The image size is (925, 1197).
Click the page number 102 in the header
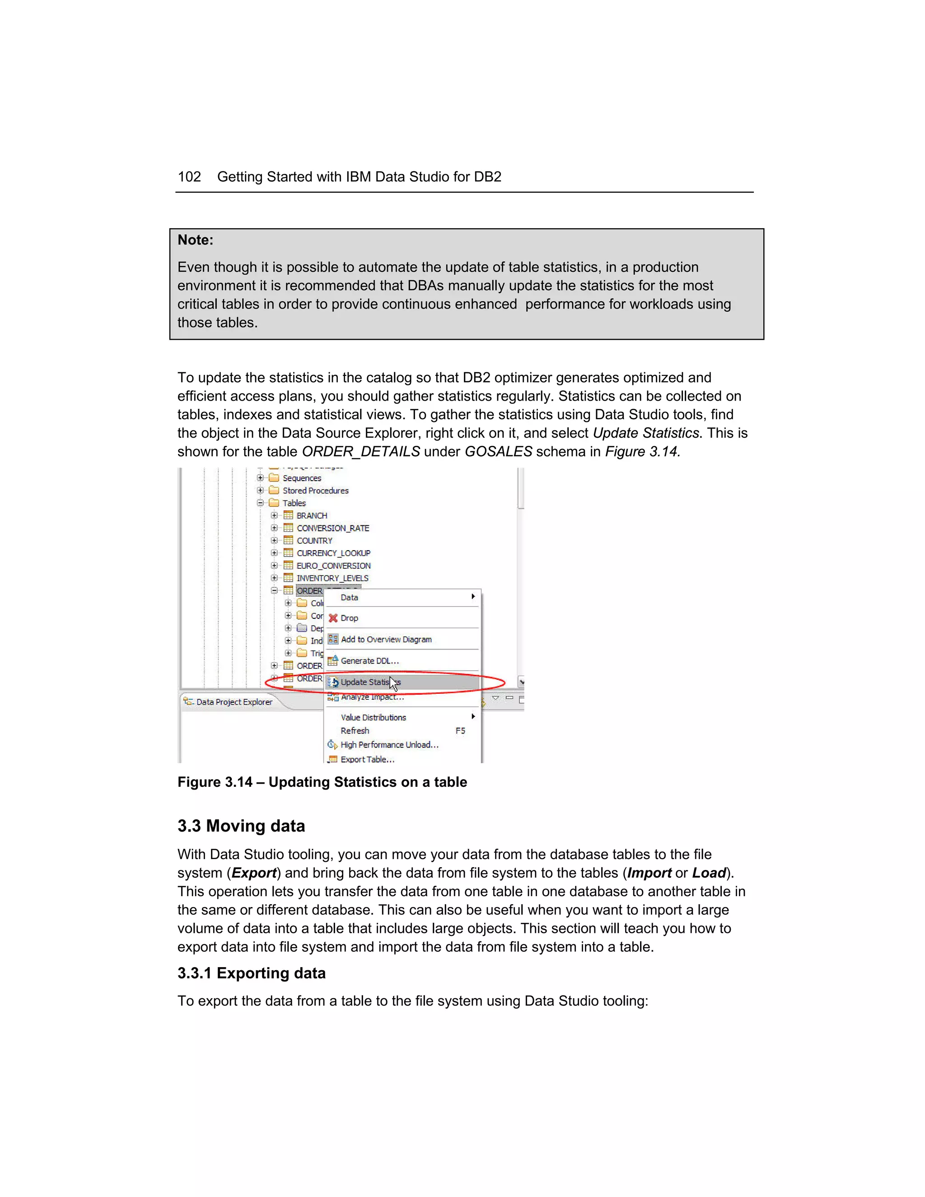click(189, 177)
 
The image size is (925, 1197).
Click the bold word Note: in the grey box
click(195, 240)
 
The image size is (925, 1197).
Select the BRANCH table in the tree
click(311, 516)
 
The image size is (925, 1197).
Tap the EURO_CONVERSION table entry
click(333, 566)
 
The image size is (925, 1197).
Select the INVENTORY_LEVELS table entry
click(332, 578)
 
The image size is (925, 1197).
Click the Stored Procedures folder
click(315, 491)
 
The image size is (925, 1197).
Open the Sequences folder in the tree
click(301, 478)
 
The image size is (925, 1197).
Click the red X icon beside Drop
click(332, 618)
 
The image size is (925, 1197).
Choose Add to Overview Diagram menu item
click(386, 640)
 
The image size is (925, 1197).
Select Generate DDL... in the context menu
click(369, 661)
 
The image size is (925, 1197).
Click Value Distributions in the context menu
click(373, 717)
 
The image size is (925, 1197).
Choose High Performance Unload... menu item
click(389, 745)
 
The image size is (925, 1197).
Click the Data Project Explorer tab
click(234, 702)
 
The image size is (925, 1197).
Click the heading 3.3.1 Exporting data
click(252, 973)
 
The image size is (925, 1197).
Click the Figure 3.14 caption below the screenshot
click(322, 782)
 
